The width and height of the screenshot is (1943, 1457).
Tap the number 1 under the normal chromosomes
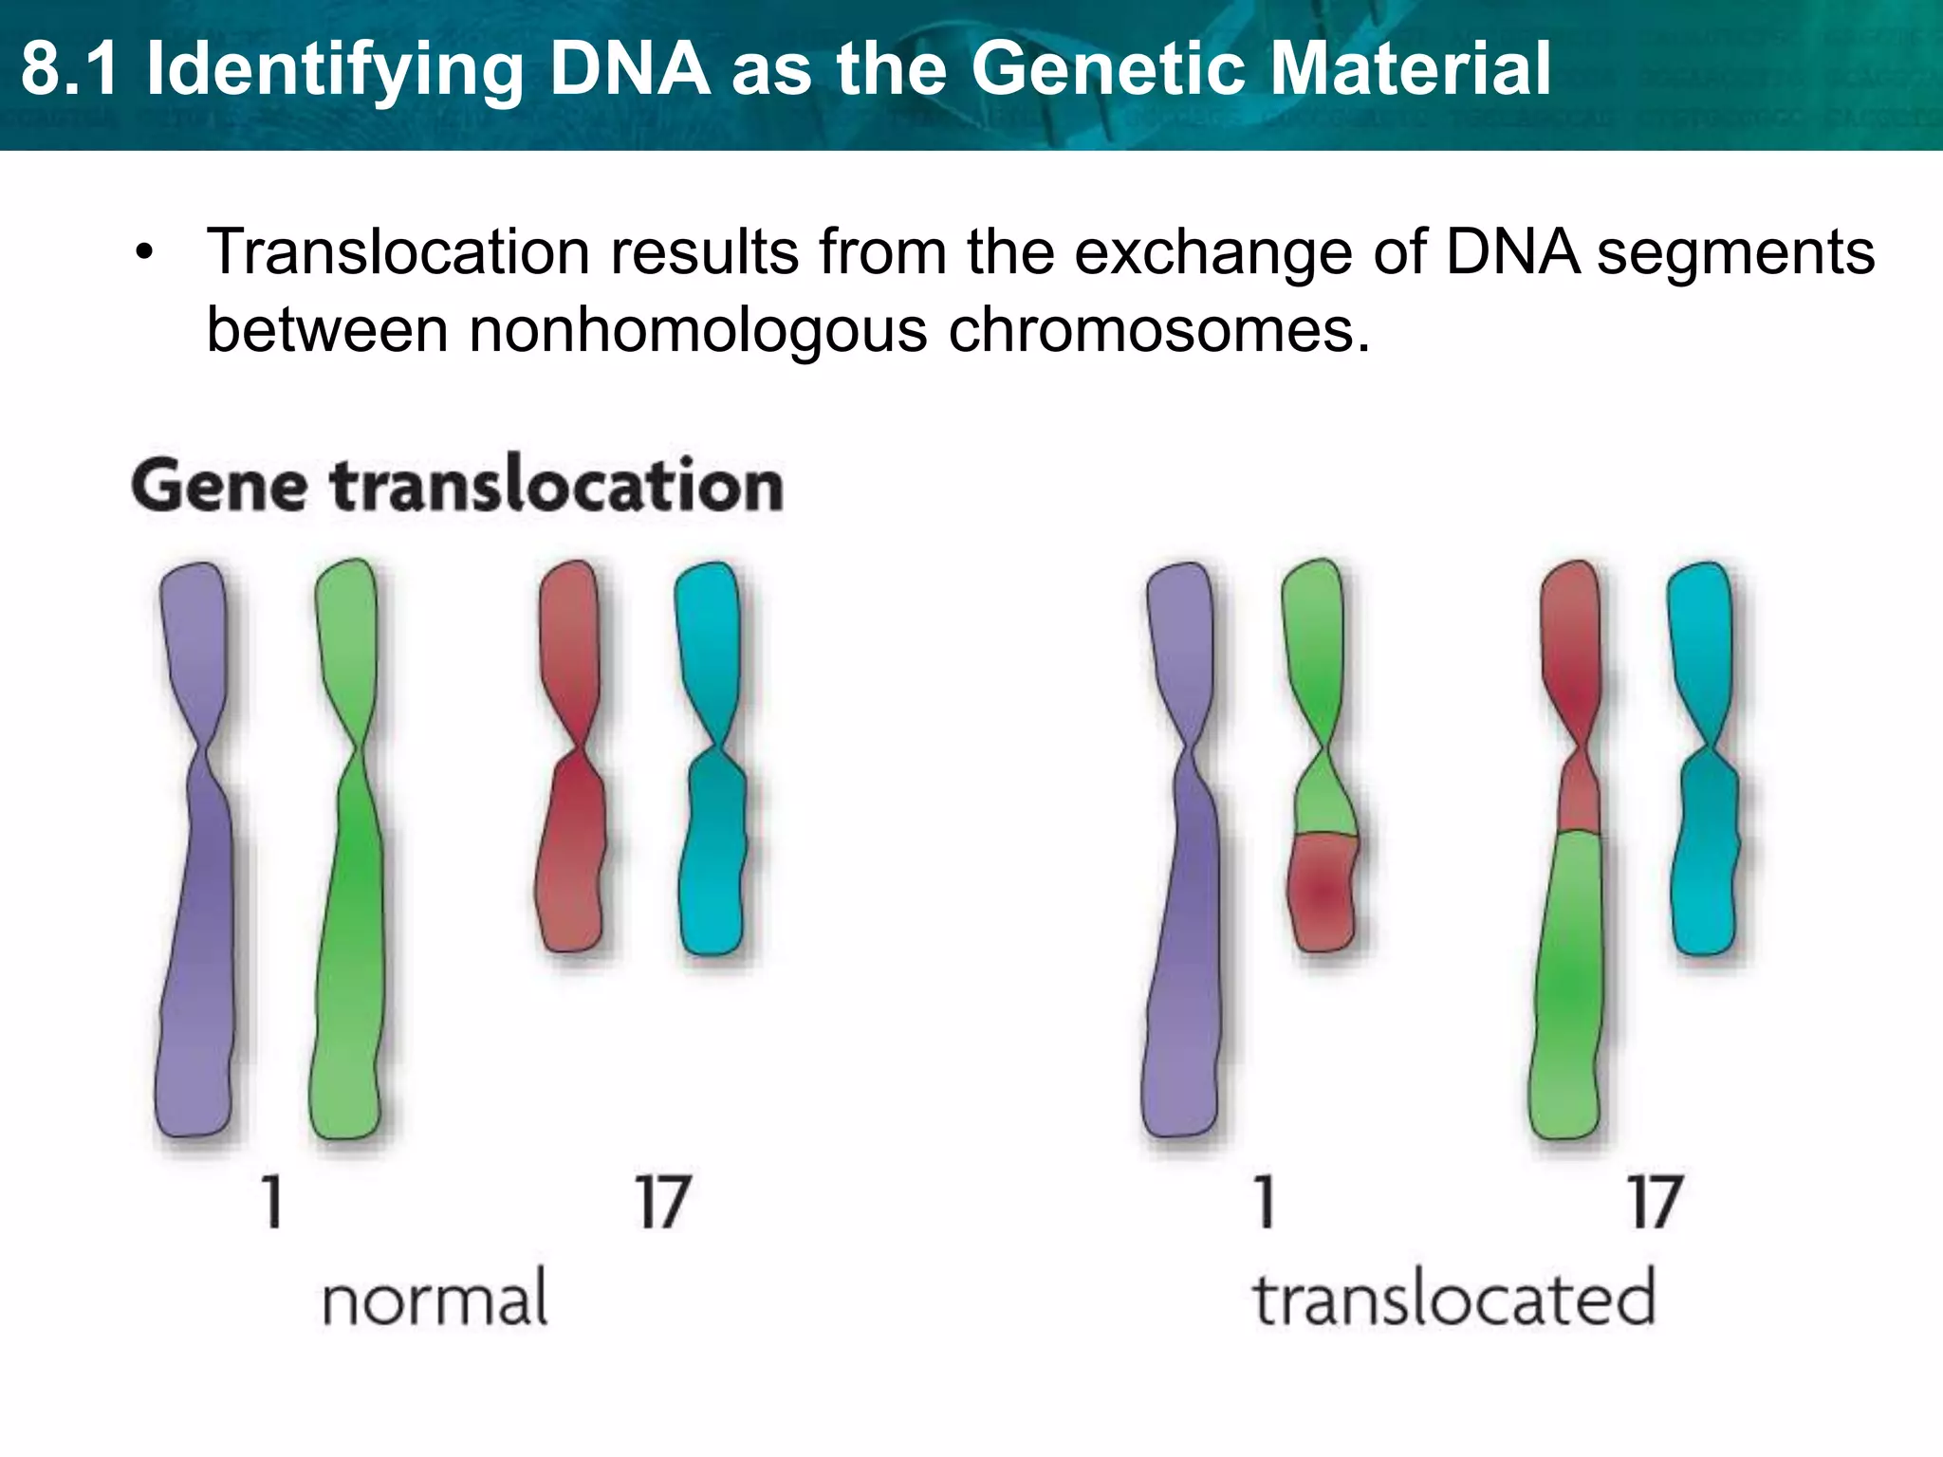(x=272, y=1202)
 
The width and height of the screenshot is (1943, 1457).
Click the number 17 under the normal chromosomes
(x=662, y=1202)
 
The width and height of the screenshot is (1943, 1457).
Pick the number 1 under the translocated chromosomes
(x=1264, y=1202)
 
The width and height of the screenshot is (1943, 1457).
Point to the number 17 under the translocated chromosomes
(x=1656, y=1202)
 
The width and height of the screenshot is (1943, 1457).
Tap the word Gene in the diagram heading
(x=219, y=486)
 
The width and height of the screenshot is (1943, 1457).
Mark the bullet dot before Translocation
(x=144, y=254)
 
